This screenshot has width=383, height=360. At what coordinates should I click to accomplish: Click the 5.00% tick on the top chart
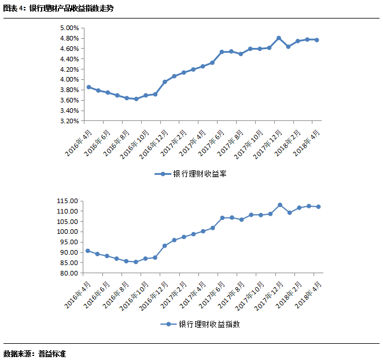click(69, 28)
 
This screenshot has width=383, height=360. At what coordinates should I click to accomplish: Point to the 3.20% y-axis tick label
click(69, 122)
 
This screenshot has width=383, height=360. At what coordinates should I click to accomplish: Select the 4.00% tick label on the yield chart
click(69, 80)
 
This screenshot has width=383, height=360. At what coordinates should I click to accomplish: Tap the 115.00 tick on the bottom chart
click(68, 201)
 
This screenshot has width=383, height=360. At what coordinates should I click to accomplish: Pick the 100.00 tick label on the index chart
click(68, 232)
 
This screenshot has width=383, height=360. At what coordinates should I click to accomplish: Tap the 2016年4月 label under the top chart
click(79, 142)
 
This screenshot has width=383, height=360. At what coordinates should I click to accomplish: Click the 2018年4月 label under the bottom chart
click(308, 295)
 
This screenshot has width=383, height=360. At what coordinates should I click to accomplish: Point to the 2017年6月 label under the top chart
click(212, 142)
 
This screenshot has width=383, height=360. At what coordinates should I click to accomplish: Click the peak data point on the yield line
click(279, 38)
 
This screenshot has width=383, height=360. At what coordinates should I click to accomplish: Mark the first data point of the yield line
click(89, 87)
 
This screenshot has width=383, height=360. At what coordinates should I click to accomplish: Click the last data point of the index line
click(318, 207)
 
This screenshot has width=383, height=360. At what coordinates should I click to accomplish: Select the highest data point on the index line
click(280, 205)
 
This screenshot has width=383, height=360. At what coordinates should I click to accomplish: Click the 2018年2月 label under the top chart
click(288, 142)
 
